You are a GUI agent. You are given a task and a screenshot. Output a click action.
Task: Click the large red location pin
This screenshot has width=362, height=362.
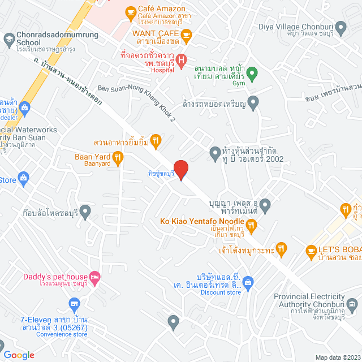pyautogui.click(x=180, y=169)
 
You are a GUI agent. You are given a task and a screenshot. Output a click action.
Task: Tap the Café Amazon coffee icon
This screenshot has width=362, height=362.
pyautogui.click(x=131, y=11)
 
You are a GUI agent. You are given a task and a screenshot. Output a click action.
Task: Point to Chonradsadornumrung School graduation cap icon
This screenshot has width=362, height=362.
pyautogui.click(x=8, y=38)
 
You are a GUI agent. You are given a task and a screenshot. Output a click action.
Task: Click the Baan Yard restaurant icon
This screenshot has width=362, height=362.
pyautogui.click(x=118, y=158)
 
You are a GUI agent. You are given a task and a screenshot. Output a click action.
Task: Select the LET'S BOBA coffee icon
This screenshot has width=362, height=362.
pyautogui.click(x=311, y=250)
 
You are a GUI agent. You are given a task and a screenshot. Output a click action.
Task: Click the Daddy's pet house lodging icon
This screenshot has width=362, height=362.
pyautogui.click(x=94, y=277)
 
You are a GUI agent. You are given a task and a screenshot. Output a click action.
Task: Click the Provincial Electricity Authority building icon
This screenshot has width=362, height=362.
pyautogui.click(x=353, y=305)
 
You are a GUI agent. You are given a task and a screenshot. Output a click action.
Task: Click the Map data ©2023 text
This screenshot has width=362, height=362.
pyautogui.click(x=337, y=357)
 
